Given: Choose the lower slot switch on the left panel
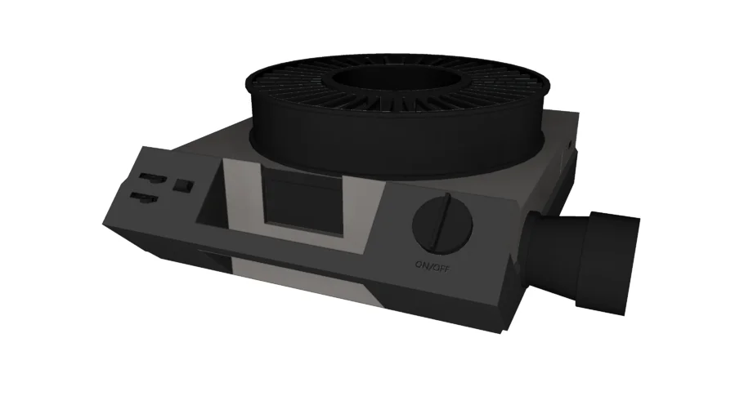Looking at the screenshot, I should point(145,196).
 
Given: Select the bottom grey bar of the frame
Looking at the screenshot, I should point(303,244).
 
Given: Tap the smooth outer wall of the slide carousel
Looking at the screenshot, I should point(392,147).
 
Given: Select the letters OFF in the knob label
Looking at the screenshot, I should point(442,266).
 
